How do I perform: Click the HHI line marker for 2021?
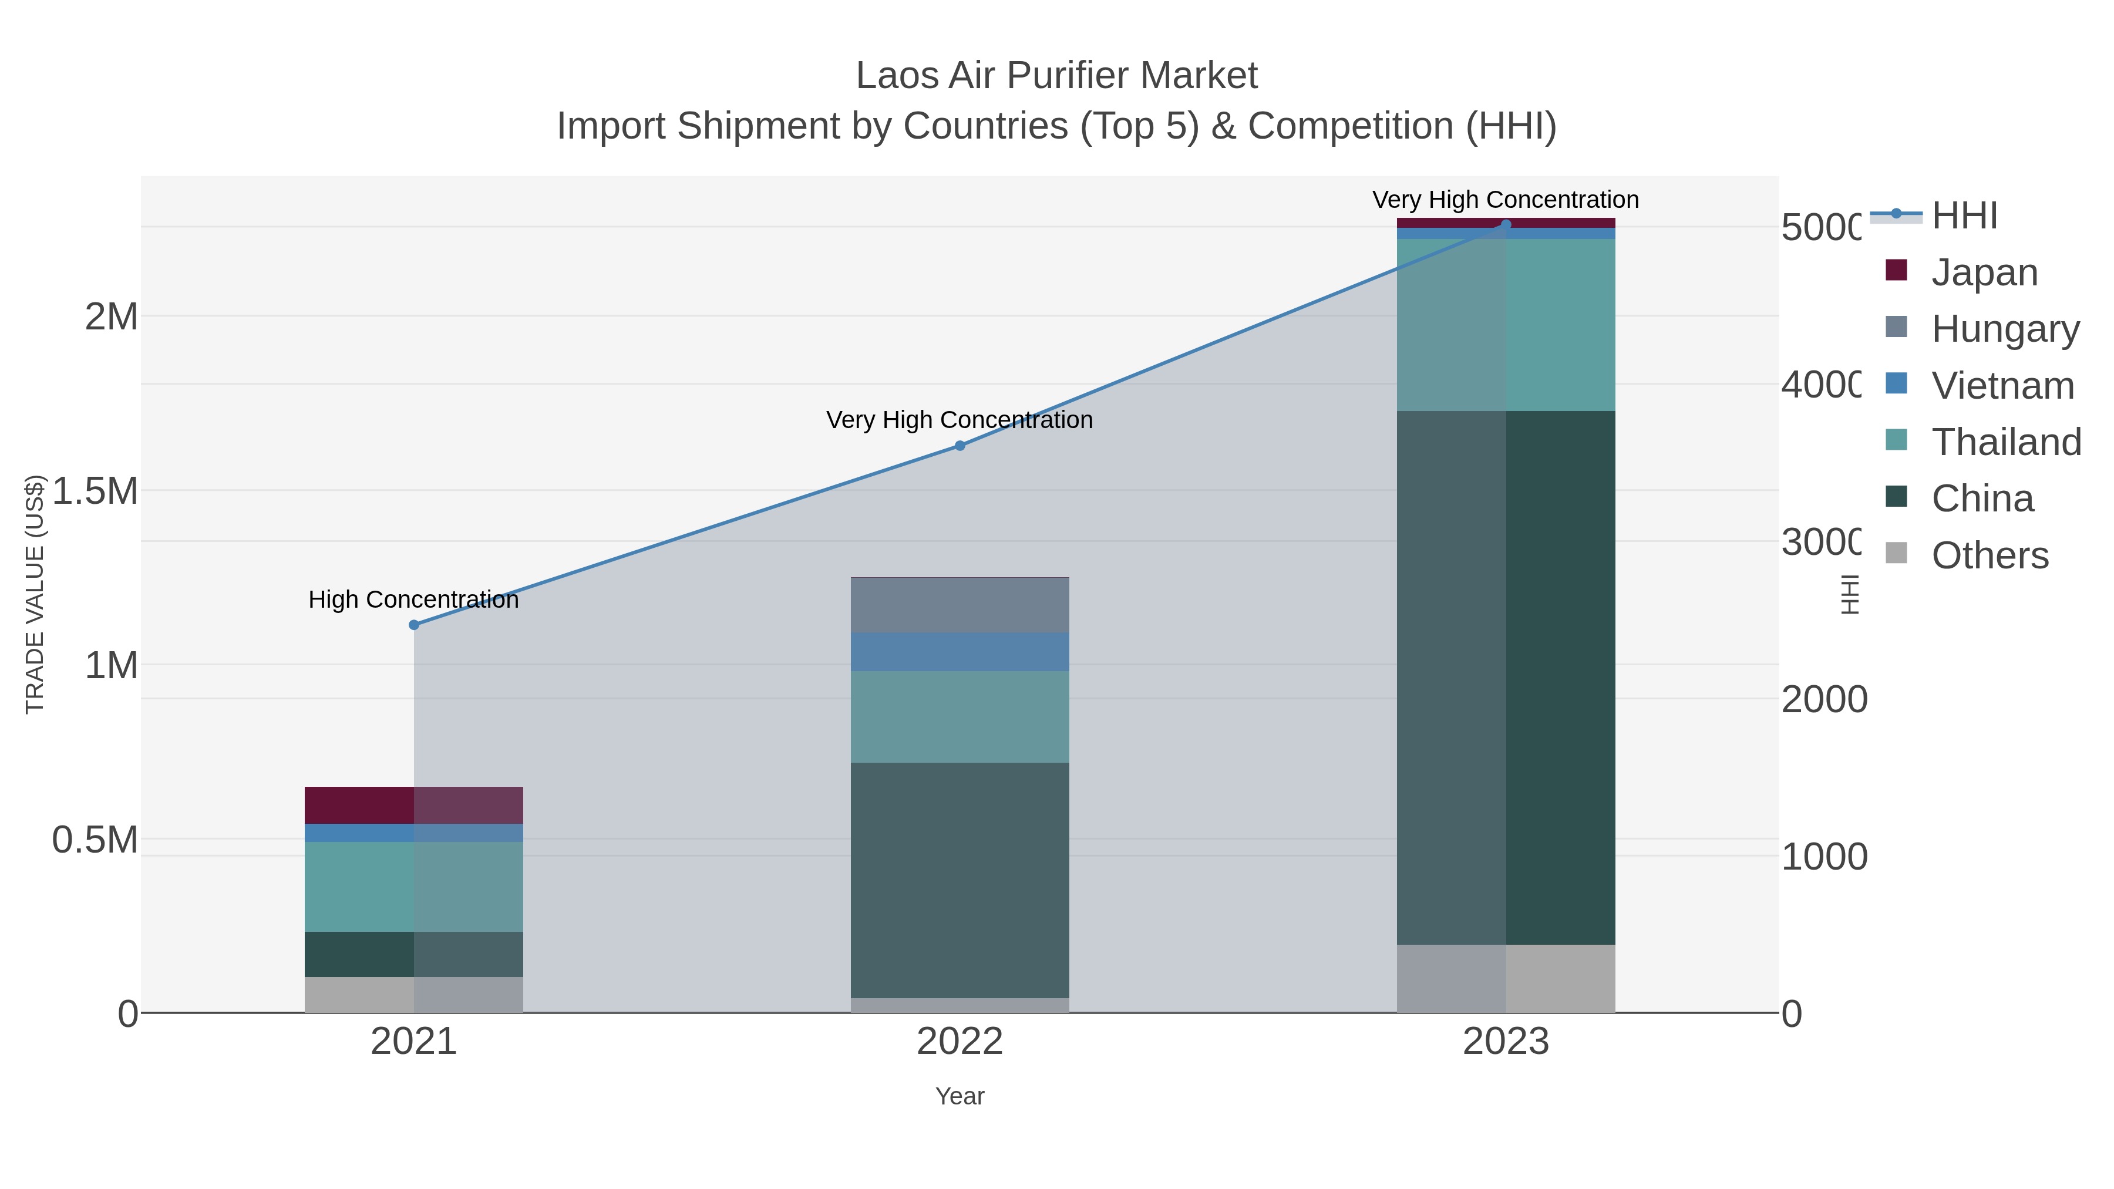tap(413, 625)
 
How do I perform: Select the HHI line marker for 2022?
tap(960, 446)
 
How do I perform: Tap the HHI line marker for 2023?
tap(1505, 224)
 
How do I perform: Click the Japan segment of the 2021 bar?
tap(413, 805)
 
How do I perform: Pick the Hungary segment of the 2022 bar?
tap(960, 605)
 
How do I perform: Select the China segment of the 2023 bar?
tap(1505, 677)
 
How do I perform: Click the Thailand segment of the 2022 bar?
tap(960, 716)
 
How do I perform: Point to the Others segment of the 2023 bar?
tap(1505, 978)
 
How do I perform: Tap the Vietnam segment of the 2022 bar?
tap(960, 652)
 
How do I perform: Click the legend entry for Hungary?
tap(2004, 329)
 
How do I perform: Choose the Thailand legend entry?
tap(2005, 442)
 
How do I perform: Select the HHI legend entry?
tap(1963, 216)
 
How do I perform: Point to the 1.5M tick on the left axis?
tap(95, 491)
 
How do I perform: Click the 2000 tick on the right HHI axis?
tap(1823, 699)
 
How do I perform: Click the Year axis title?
tap(960, 1096)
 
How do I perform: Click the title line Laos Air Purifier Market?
tap(1056, 76)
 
